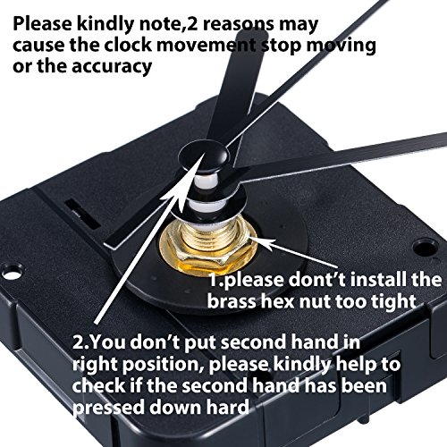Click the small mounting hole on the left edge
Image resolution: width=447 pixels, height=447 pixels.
tap(13, 273)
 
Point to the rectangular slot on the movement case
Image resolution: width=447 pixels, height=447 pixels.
tap(82, 213)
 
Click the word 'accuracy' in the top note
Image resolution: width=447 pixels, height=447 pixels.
tap(112, 67)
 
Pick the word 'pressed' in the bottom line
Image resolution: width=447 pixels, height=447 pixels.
tap(108, 408)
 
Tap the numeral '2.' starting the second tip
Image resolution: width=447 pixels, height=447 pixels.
tap(80, 342)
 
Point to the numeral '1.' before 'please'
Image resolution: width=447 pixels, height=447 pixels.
tap(216, 280)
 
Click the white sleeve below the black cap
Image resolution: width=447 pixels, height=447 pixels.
tap(207, 180)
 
